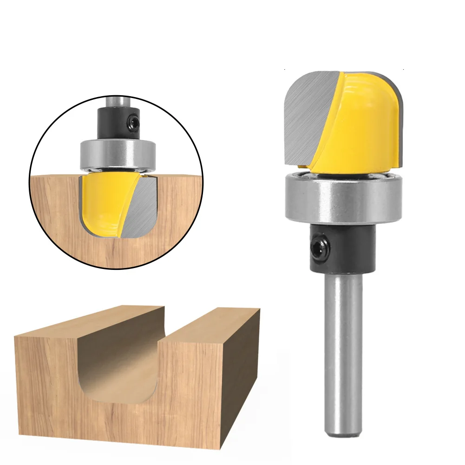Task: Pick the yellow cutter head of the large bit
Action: pos(367,121)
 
